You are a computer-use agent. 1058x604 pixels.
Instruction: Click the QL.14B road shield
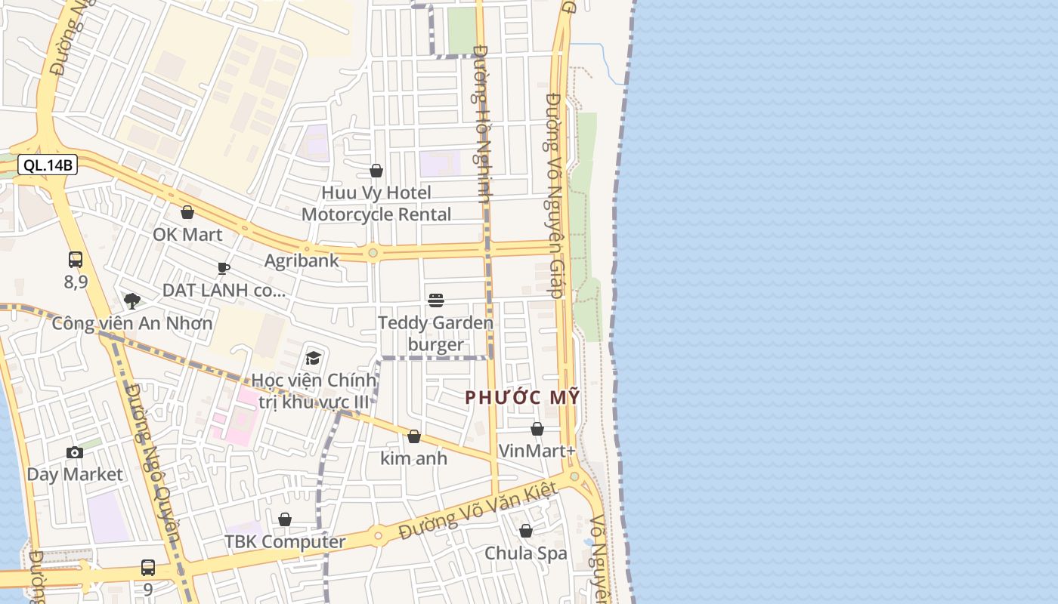[x=48, y=165]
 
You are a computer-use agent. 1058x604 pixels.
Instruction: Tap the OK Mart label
[x=187, y=234]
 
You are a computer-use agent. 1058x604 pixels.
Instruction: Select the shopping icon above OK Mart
[x=187, y=212]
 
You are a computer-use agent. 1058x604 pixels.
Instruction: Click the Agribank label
[x=302, y=260]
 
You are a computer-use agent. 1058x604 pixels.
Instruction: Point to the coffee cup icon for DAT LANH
[x=223, y=268]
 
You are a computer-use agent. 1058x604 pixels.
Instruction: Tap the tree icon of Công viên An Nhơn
[x=132, y=301]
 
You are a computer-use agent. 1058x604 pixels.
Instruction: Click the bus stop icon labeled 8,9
[x=76, y=260]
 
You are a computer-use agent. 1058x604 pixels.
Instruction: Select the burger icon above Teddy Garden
[x=435, y=300]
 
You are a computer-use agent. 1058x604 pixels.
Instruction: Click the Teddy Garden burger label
[x=435, y=334]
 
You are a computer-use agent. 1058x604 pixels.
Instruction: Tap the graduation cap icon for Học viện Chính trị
[x=313, y=357]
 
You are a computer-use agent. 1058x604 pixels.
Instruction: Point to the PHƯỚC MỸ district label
[x=522, y=397]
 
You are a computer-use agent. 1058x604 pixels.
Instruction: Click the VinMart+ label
[x=537, y=451]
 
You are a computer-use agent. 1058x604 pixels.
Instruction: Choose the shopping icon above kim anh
[x=413, y=436]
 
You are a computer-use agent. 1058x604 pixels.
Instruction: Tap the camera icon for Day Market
[x=75, y=452]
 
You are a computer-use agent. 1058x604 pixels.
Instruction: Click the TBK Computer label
[x=285, y=541]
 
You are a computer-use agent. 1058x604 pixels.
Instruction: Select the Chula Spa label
[x=525, y=553]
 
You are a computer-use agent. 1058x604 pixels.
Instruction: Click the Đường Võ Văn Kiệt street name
[x=478, y=511]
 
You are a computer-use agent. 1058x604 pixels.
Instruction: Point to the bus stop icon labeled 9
[x=148, y=568]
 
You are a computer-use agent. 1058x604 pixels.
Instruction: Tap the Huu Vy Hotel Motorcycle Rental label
[x=376, y=203]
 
